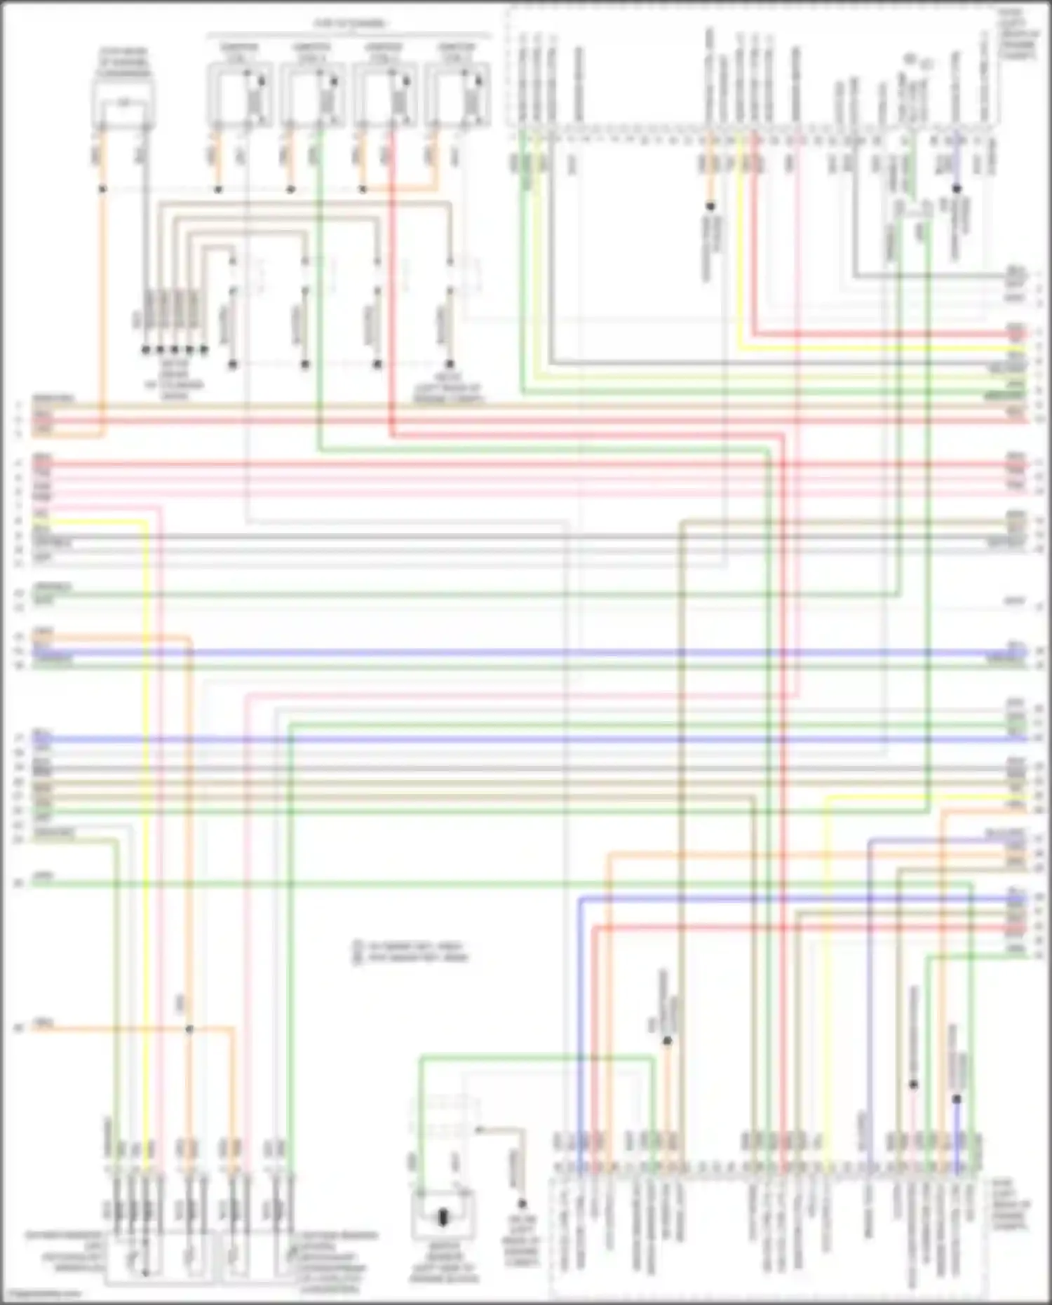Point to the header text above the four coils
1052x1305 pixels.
(349, 24)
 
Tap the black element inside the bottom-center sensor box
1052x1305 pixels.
(443, 1218)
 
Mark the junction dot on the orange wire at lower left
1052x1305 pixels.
(189, 1029)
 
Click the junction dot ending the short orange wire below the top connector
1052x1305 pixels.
(710, 206)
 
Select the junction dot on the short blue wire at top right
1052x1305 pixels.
(956, 189)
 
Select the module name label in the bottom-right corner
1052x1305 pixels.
(1011, 1205)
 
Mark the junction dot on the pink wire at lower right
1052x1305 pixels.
(913, 1084)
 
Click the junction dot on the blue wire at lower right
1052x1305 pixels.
(956, 1099)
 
